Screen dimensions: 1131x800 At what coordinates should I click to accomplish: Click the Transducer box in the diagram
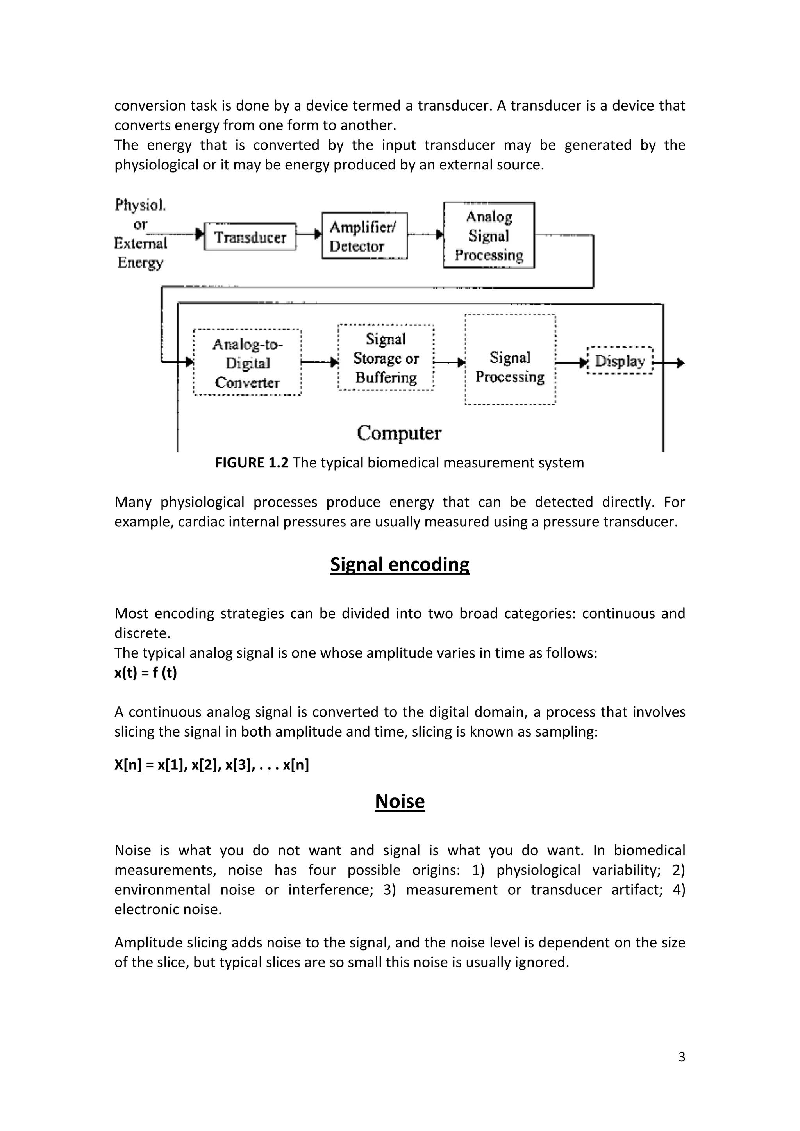point(250,237)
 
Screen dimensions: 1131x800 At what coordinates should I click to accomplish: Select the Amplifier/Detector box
point(364,236)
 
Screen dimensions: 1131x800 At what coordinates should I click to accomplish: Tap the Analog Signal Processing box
point(489,235)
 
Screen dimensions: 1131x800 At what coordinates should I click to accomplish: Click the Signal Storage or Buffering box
point(386,358)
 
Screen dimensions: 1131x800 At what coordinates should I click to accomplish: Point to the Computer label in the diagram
point(398,433)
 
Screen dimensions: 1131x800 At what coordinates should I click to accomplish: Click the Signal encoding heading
point(400,564)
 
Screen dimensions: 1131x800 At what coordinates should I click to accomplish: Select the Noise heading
point(400,801)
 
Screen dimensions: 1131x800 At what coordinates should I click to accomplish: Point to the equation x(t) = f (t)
point(145,673)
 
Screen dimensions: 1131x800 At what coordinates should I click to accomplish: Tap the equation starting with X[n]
point(211,765)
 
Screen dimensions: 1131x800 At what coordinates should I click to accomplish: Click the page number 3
point(681,1057)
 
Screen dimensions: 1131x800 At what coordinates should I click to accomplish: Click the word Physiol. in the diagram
point(140,205)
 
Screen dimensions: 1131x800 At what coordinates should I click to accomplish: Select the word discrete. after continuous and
point(142,633)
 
